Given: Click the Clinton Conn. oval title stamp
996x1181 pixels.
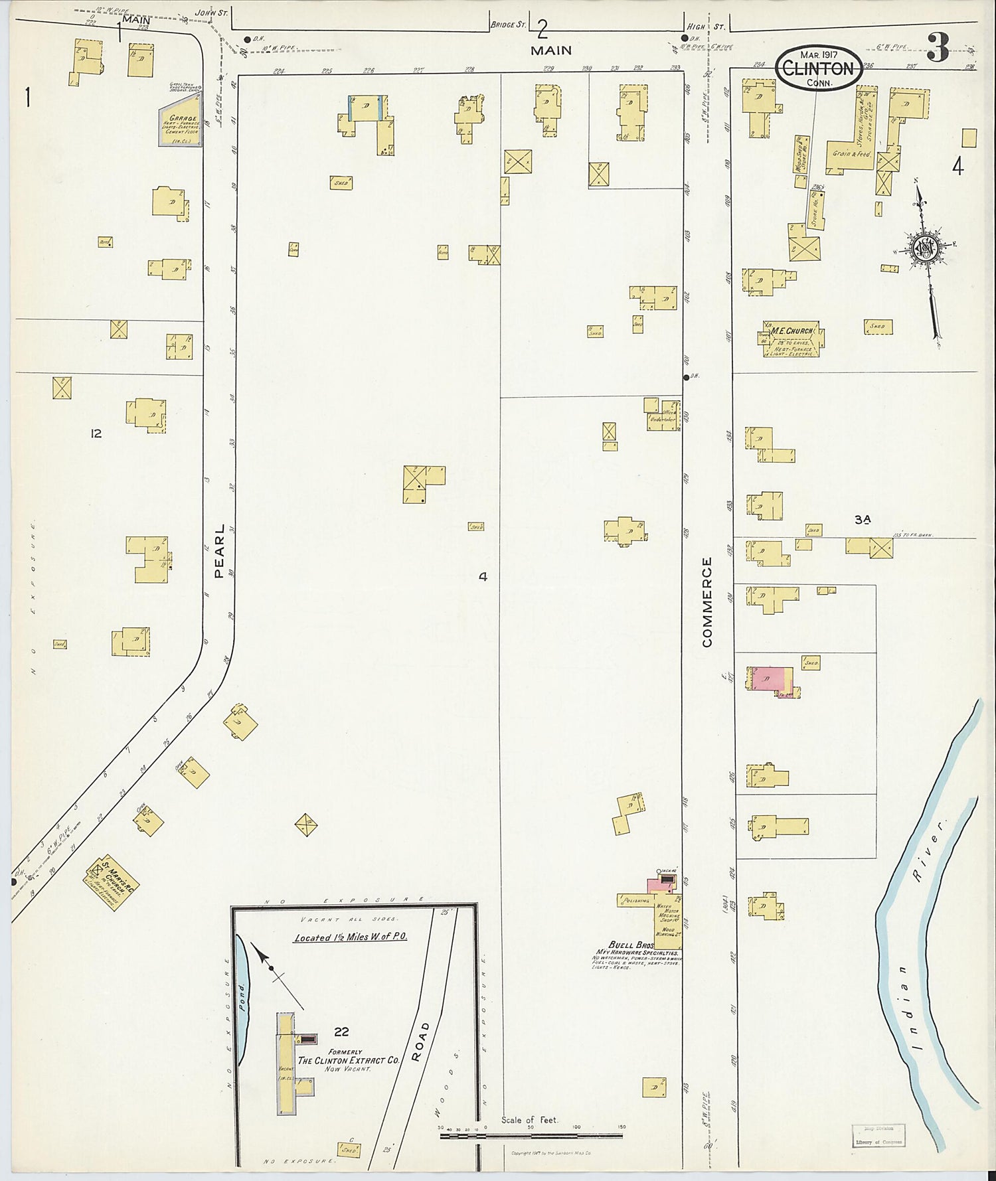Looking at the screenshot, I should (821, 68).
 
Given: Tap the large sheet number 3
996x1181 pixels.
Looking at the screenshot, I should (938, 48).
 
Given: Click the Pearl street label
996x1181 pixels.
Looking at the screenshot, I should (220, 543).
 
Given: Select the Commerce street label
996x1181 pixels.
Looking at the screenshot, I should (706, 602).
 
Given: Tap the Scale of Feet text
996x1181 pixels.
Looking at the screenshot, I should (530, 1119).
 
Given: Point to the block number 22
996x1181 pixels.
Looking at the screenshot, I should (341, 1032).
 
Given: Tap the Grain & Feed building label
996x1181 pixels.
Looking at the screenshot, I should (852, 153).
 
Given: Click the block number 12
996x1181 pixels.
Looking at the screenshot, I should (96, 433).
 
